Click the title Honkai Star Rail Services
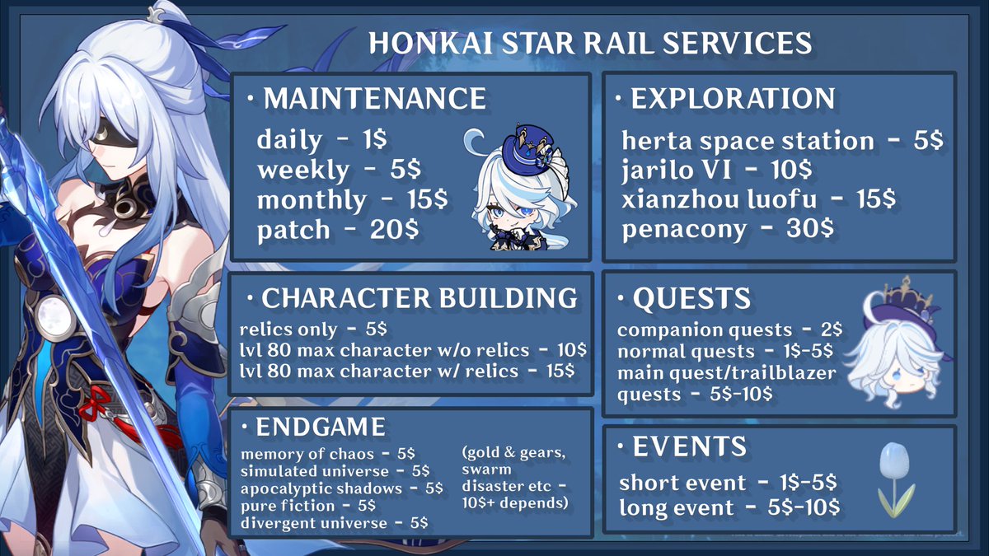click(589, 43)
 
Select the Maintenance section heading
click(374, 99)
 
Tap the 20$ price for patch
click(396, 230)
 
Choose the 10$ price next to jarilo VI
click(788, 171)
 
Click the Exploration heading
click(733, 99)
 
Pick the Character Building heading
click(419, 298)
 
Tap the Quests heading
click(691, 298)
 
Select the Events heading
click(689, 447)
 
